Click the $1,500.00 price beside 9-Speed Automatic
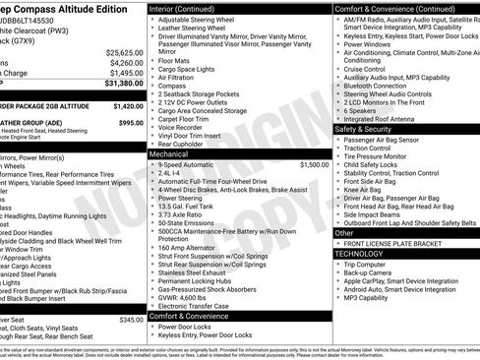click(314, 165)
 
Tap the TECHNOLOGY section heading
click(359, 254)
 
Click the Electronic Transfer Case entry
click(196, 305)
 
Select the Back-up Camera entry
click(373, 272)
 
